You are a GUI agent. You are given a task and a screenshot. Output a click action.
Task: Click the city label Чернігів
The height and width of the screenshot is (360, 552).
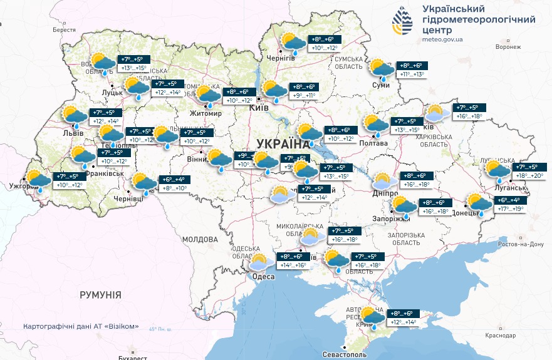281,58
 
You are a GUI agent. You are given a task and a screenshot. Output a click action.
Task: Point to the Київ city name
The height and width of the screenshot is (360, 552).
259,108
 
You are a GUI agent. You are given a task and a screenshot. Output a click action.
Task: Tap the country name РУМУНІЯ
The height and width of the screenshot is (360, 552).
100,294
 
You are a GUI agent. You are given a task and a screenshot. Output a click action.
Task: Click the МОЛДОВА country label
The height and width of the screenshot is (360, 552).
199,239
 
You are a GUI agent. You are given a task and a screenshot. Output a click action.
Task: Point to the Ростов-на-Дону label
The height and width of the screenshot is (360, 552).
520,244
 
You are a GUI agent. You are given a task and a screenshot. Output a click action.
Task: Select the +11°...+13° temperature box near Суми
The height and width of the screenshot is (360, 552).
412,75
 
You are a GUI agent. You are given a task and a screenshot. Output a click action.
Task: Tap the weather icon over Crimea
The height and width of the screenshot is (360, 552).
372,317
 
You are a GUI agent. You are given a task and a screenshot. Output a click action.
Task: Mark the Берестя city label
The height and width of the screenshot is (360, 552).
64,29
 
